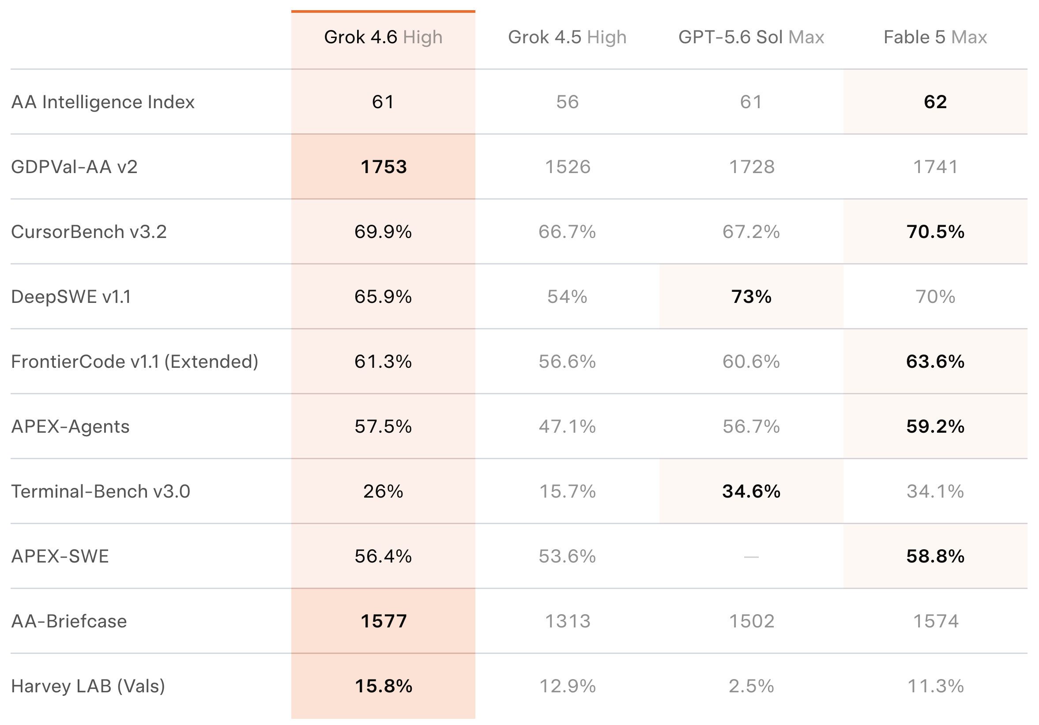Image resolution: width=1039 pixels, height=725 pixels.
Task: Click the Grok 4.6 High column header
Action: [383, 37]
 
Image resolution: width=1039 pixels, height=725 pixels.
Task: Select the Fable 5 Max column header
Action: [935, 37]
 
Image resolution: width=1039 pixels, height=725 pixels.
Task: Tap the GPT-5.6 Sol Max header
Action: [751, 37]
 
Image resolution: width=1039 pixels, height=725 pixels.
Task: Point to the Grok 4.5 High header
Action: [567, 37]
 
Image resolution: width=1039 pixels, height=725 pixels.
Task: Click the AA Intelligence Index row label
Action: [103, 102]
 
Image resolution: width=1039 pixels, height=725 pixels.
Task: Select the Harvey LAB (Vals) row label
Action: [88, 686]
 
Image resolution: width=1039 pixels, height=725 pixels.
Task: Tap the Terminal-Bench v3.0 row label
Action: [101, 491]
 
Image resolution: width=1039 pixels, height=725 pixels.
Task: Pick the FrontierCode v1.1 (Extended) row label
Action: [135, 362]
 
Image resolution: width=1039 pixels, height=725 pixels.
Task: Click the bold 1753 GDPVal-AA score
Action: [384, 167]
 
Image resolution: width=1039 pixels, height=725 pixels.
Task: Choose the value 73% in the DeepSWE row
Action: [751, 297]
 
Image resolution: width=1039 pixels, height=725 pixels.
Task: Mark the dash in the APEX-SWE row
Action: [751, 556]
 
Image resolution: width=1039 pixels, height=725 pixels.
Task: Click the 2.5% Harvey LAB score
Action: [751, 686]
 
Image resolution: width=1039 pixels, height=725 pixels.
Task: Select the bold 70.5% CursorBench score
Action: [935, 232]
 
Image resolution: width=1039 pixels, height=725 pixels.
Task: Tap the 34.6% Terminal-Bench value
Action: [751, 491]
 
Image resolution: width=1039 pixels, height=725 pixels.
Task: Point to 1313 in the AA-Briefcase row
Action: [568, 621]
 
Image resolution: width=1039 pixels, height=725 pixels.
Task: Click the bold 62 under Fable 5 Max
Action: [935, 102]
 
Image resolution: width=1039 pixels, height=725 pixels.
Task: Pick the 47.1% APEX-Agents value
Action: [567, 427]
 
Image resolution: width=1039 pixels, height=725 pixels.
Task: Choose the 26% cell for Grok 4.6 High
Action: [383, 491]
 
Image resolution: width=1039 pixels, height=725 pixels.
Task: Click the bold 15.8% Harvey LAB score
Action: [384, 686]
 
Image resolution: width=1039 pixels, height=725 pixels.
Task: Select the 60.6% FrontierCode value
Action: [751, 362]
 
